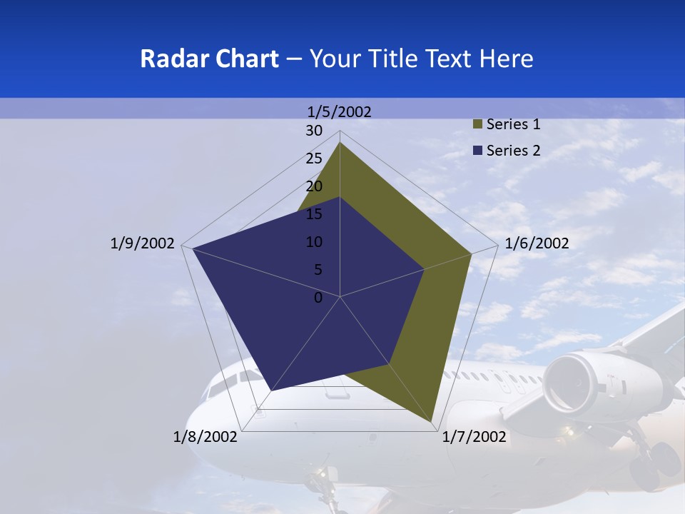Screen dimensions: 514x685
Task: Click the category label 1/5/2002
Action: coord(339,111)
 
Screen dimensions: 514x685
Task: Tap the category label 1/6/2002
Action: coord(537,243)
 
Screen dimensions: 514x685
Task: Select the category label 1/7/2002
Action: coord(475,437)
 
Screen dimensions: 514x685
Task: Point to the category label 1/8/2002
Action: coord(205,437)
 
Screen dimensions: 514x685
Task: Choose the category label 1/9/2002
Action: coord(142,243)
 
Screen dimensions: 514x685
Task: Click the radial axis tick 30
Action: coord(314,131)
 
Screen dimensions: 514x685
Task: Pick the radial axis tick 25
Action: coord(314,158)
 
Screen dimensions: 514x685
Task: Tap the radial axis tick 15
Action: coord(314,214)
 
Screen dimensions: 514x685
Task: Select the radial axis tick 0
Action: coord(318,298)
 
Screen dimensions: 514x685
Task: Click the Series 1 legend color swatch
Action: coord(478,124)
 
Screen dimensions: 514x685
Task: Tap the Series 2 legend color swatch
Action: coord(478,151)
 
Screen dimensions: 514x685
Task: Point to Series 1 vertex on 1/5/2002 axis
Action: coord(340,142)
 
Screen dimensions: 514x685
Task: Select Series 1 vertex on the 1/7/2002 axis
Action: coord(432,423)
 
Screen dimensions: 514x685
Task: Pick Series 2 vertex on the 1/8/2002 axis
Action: coord(271,390)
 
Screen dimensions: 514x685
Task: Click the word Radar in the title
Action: coord(168,59)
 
